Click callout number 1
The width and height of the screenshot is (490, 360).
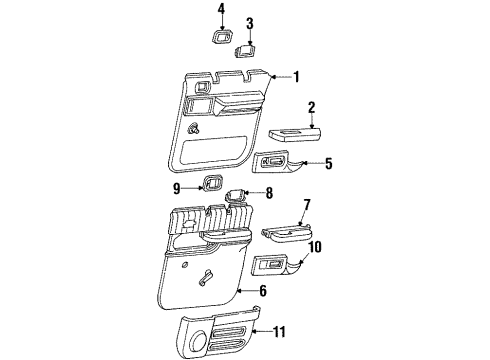pyautogui.click(x=296, y=76)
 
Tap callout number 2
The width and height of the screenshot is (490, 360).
pyautogui.click(x=311, y=107)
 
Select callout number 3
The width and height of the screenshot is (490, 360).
pyautogui.click(x=250, y=22)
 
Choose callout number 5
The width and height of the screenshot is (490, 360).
pyautogui.click(x=330, y=162)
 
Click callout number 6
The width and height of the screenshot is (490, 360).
pyautogui.click(x=264, y=290)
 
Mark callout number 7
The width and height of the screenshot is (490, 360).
pyautogui.click(x=308, y=232)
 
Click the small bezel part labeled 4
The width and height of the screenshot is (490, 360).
pyautogui.click(x=220, y=39)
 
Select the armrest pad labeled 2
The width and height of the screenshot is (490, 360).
pyautogui.click(x=294, y=133)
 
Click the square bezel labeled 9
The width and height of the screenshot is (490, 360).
pyautogui.click(x=212, y=183)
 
